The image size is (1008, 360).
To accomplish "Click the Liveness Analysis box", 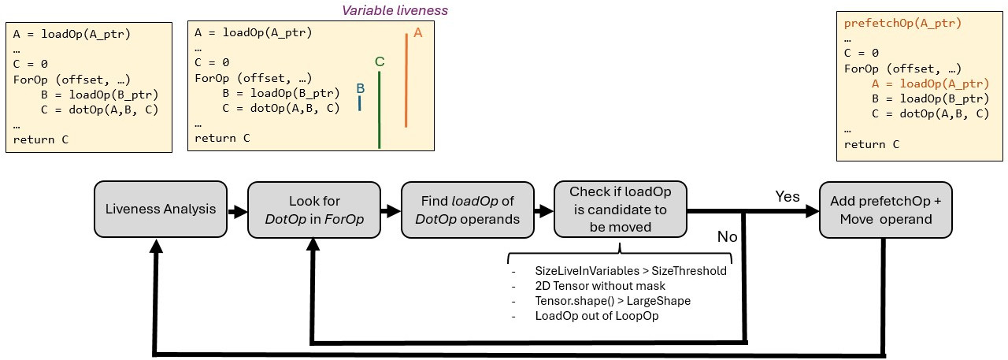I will [x=161, y=209].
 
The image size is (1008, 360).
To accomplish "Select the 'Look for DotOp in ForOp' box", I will [x=314, y=210].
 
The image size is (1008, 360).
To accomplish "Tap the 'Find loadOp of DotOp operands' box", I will [x=468, y=210].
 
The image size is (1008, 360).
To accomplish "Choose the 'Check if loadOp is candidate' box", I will [x=621, y=210].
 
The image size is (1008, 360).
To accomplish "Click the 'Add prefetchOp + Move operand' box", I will [x=886, y=210].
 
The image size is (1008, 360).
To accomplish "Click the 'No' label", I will [x=728, y=236].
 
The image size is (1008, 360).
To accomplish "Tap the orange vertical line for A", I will [x=406, y=80].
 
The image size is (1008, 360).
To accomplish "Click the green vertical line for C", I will [x=380, y=109].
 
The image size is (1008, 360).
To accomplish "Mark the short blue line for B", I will [x=360, y=103].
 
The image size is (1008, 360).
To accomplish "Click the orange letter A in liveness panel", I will [x=418, y=33].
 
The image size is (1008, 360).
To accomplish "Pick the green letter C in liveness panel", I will [x=380, y=61].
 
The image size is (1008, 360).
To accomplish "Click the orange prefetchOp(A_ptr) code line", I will [x=902, y=23].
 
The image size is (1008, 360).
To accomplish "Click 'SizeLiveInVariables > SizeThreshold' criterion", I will [x=630, y=271].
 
